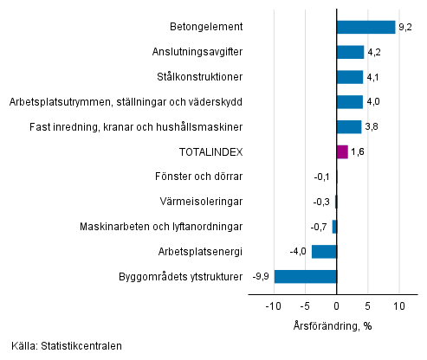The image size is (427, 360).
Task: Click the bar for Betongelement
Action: (366, 27)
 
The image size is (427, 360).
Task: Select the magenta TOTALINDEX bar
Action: (342, 151)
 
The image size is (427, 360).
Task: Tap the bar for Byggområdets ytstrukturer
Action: (305, 276)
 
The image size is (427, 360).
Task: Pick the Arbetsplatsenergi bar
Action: (324, 251)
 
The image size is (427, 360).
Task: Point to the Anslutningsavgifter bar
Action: (350, 52)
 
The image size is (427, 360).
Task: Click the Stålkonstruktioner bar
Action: (350, 77)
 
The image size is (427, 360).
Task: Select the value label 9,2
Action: (404, 27)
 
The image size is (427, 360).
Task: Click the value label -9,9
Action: (260, 276)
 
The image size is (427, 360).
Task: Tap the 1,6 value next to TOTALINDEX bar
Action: (356, 151)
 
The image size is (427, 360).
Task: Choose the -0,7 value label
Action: (320, 226)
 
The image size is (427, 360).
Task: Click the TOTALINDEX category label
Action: (210, 151)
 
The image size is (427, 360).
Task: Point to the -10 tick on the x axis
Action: (273, 306)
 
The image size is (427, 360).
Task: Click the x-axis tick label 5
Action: (368, 306)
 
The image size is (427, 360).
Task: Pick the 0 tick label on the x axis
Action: (336, 306)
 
